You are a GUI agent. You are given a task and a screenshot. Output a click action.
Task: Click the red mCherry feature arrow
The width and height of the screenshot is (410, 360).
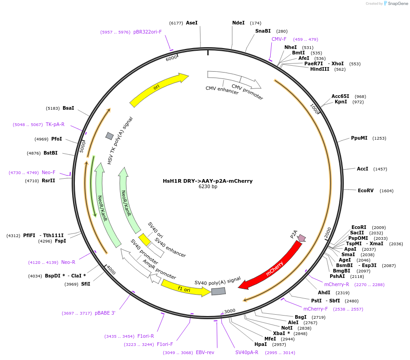(274, 266)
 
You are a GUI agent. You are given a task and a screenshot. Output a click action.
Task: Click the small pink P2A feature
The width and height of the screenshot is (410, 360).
(301, 238)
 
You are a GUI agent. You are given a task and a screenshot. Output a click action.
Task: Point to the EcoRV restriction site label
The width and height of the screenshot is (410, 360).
(366, 191)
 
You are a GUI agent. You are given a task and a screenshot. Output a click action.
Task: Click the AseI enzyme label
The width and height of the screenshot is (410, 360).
(192, 23)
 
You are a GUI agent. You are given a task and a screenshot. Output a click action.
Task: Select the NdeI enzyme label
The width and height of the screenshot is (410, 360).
(238, 23)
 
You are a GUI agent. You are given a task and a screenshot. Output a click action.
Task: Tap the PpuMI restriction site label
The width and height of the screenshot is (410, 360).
(359, 138)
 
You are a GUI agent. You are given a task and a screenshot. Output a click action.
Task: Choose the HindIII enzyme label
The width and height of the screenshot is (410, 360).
(320, 69)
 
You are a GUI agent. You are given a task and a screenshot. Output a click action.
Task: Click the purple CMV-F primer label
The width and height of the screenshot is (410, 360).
(279, 39)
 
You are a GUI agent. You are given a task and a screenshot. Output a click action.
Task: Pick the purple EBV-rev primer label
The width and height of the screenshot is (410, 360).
(205, 352)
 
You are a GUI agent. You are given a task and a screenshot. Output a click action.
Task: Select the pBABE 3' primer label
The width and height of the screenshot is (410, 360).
(105, 313)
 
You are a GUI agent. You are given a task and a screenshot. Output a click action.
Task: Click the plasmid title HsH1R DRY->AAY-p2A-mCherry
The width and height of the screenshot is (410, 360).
(208, 181)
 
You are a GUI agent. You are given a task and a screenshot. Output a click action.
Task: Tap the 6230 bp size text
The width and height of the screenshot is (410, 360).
(208, 187)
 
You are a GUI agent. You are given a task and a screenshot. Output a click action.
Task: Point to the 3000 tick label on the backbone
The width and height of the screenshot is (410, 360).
(229, 311)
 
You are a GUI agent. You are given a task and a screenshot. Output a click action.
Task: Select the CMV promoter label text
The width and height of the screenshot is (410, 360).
(247, 92)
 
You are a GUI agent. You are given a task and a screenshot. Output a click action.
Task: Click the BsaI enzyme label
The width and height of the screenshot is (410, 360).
(68, 108)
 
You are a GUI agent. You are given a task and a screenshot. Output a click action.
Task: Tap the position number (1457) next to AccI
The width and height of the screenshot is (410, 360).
(380, 169)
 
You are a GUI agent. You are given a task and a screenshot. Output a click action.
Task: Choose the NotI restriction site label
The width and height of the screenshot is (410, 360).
(287, 328)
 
